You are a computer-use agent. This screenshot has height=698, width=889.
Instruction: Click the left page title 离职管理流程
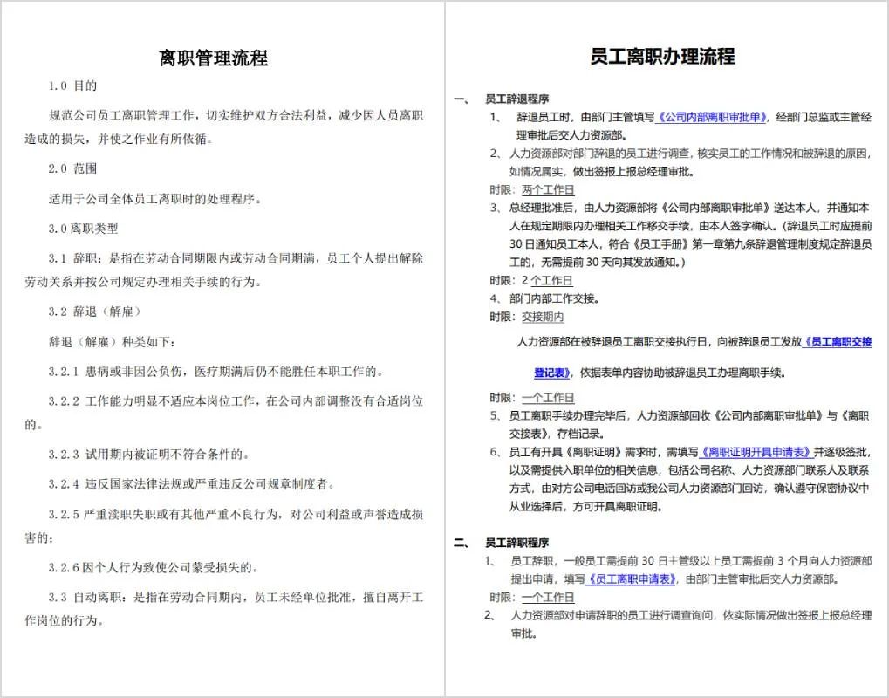pyautogui.click(x=213, y=58)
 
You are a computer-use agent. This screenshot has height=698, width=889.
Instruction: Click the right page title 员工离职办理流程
pyautogui.click(x=662, y=57)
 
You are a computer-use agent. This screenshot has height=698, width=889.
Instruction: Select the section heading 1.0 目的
pyautogui.click(x=72, y=86)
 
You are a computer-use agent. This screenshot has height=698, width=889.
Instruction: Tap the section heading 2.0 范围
pyautogui.click(x=72, y=168)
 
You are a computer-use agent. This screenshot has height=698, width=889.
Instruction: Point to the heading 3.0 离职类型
pyautogui.click(x=83, y=229)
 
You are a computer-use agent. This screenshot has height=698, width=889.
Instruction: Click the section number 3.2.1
pyautogui.click(x=64, y=372)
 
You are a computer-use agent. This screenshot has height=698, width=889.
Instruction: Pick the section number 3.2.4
pyautogui.click(x=64, y=484)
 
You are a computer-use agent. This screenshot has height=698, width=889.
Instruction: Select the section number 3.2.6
pyautogui.click(x=64, y=568)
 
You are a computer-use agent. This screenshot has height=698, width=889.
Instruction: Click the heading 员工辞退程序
pyautogui.click(x=516, y=99)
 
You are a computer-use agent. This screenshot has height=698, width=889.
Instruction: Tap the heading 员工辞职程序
pyautogui.click(x=516, y=543)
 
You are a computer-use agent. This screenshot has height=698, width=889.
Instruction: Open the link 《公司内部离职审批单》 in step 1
pyautogui.click(x=712, y=117)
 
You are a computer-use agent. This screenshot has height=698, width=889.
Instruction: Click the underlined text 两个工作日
pyautogui.click(x=547, y=190)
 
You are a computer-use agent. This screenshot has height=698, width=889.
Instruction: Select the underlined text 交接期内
pyautogui.click(x=542, y=317)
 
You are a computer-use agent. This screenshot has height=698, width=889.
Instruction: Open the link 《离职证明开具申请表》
pyautogui.click(x=756, y=452)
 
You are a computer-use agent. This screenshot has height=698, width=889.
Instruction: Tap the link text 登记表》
pyautogui.click(x=552, y=373)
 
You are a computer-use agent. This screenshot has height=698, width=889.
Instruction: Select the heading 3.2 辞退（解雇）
pyautogui.click(x=94, y=311)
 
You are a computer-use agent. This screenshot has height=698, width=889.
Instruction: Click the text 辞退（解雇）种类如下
pyautogui.click(x=111, y=341)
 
